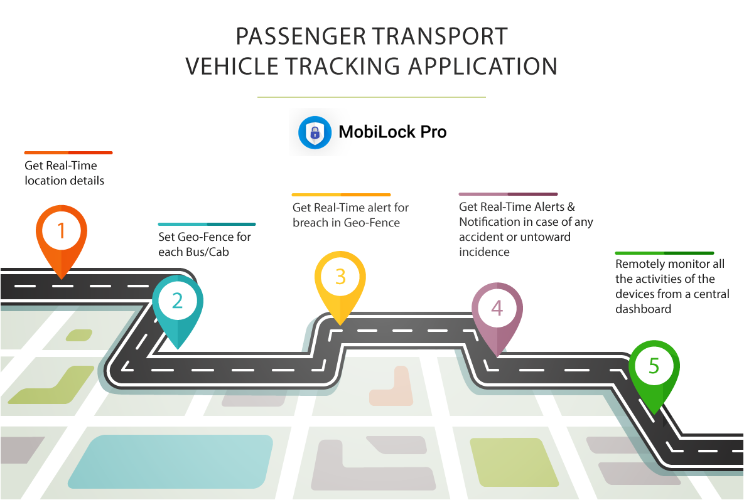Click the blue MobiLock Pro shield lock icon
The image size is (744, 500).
click(315, 132)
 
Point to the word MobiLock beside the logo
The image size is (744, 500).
click(377, 132)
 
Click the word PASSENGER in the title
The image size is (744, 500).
click(301, 36)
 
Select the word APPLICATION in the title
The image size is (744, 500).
click(483, 66)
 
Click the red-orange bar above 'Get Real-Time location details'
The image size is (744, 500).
click(68, 152)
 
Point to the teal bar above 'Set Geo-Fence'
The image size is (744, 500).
click(207, 224)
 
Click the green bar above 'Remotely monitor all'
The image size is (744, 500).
click(664, 253)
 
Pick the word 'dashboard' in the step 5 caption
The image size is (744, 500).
click(643, 309)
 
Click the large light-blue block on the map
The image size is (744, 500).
click(171, 462)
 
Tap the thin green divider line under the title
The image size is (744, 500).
click(372, 97)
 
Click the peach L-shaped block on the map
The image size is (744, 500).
click(394, 388)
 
